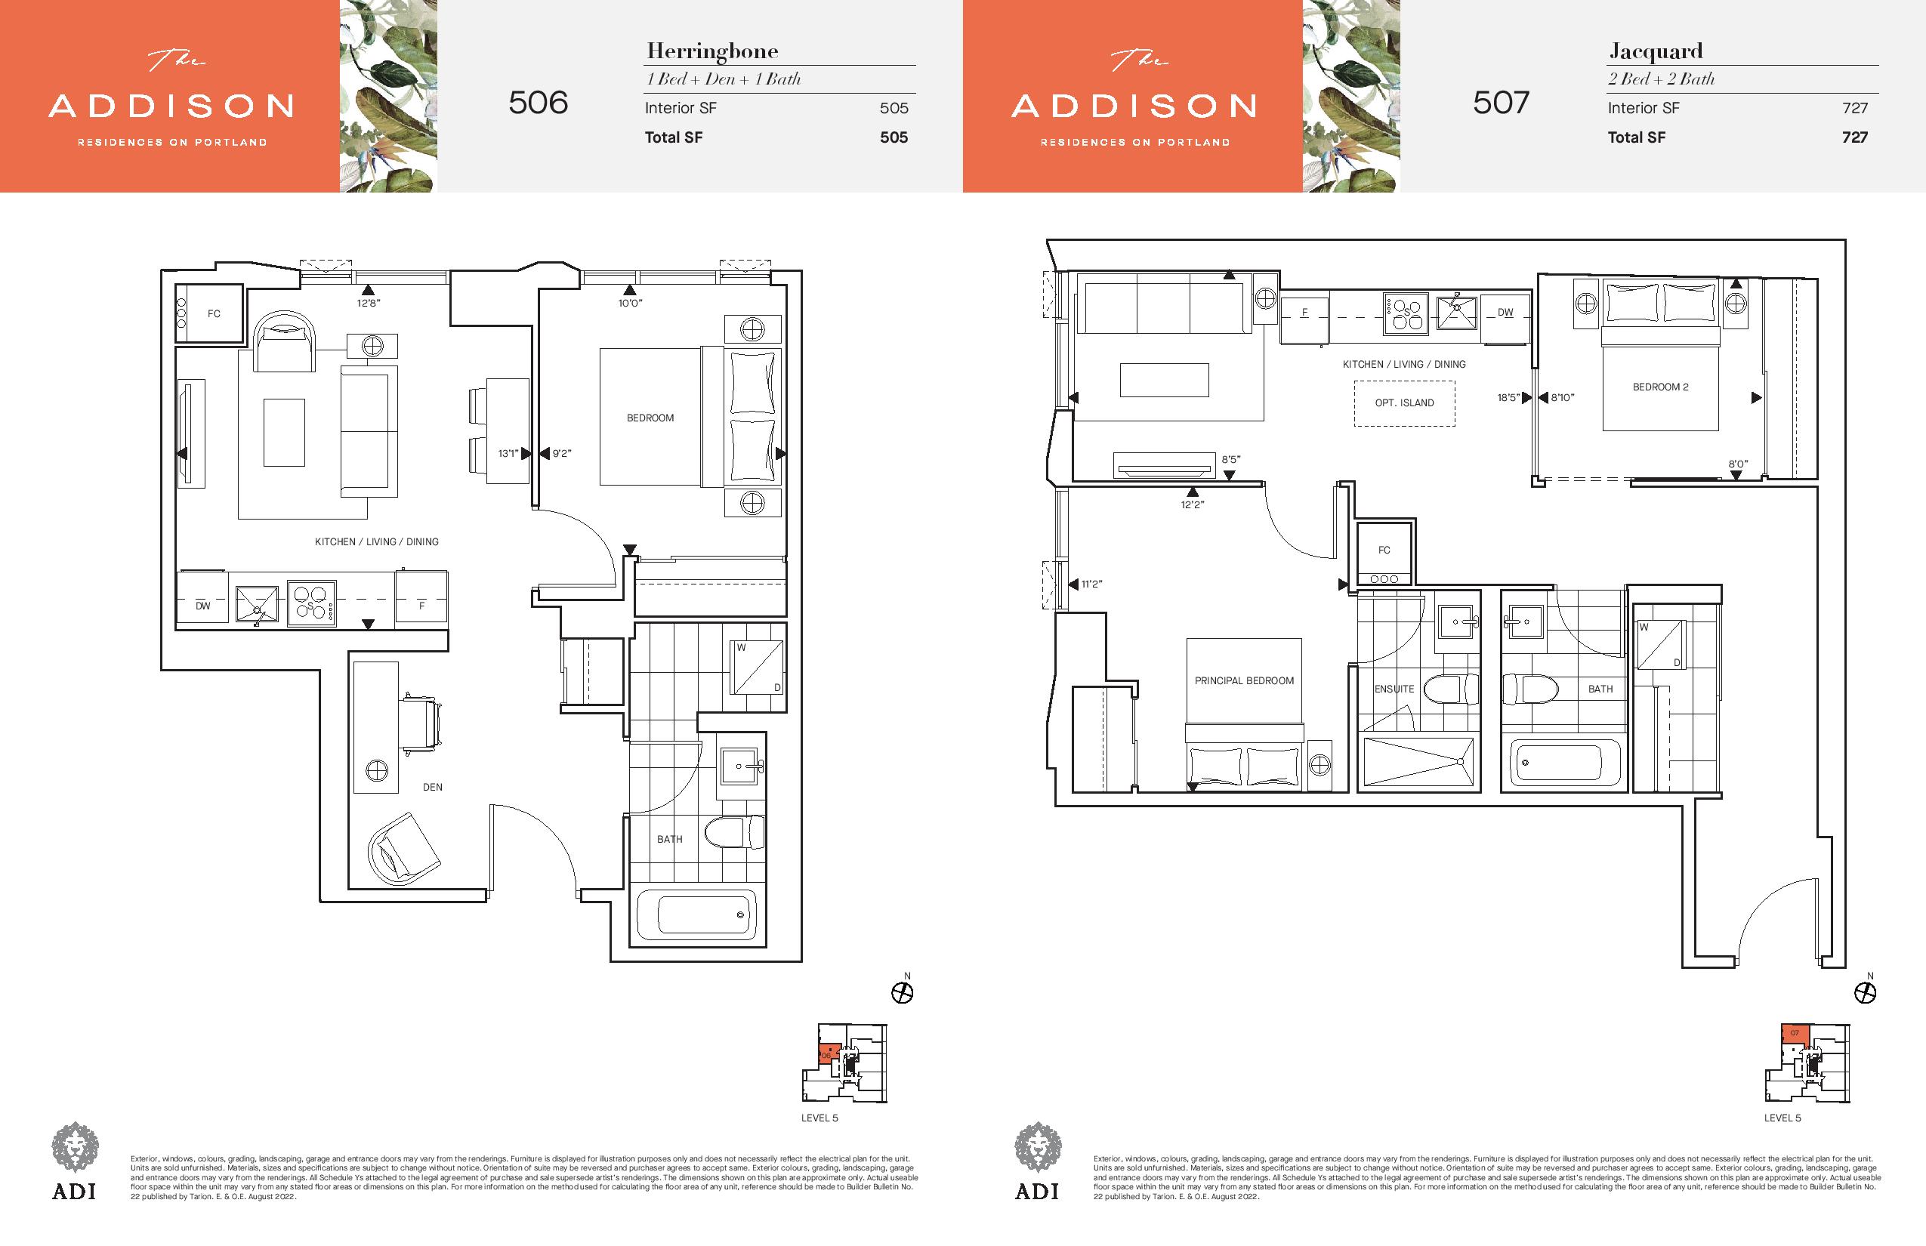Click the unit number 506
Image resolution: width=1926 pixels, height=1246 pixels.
[x=538, y=103]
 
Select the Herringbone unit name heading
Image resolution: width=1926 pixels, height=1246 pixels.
[x=712, y=52]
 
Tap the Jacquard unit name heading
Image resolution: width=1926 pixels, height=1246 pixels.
[x=1656, y=52]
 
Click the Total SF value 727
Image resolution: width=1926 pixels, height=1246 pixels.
[x=1855, y=137]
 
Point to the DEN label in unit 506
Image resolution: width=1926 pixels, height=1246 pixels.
[x=432, y=787]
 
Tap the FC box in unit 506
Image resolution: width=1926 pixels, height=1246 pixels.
[x=210, y=313]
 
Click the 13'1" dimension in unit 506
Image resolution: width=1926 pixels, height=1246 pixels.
[x=508, y=454]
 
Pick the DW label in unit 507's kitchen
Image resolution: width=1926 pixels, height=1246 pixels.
[x=1505, y=313]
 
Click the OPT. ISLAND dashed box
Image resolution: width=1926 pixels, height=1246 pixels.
[x=1404, y=403]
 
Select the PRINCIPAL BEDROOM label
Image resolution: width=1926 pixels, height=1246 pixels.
[x=1244, y=680]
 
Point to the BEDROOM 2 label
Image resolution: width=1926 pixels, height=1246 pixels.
[x=1661, y=387]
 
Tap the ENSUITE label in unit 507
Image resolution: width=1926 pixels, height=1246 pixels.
[x=1394, y=689]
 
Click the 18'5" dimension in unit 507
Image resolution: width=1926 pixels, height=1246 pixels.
[x=1508, y=398]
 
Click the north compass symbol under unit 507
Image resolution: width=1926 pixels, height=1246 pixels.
[x=1866, y=993]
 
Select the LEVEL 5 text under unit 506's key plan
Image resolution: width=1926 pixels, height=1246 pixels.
[x=819, y=1118]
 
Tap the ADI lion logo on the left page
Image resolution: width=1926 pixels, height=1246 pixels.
[x=75, y=1146]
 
